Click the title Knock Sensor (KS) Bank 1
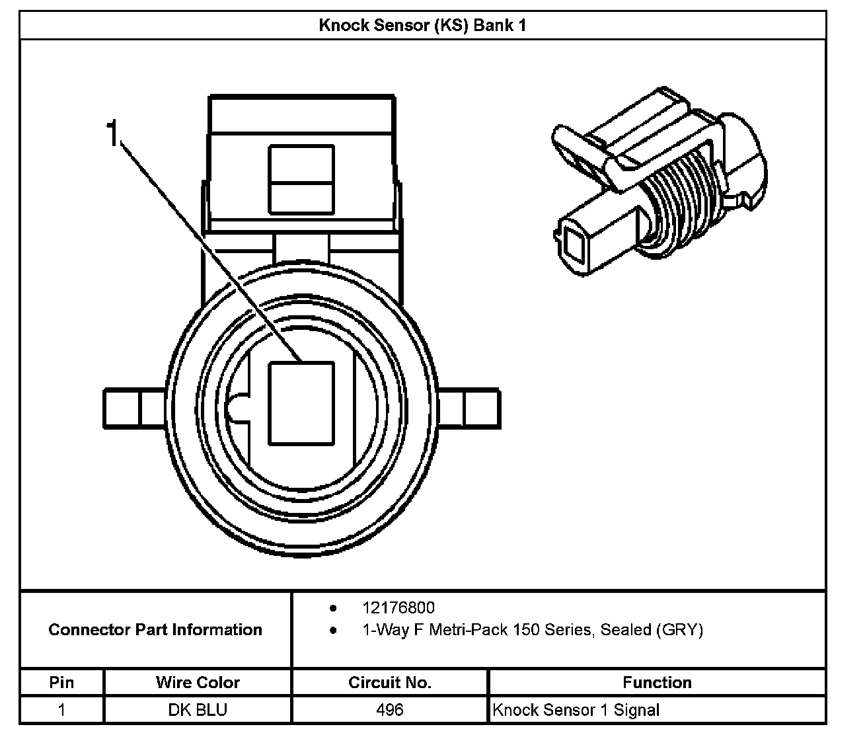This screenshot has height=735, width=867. [x=422, y=26]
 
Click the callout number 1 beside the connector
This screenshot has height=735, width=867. [x=113, y=134]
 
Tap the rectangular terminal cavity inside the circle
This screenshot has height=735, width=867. [x=301, y=403]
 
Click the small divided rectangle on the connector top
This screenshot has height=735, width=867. [x=301, y=180]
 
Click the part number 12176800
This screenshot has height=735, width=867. [x=398, y=607]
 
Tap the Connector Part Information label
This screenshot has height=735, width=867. [x=155, y=629]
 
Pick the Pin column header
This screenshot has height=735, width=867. [x=61, y=682]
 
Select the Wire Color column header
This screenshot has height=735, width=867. [x=198, y=682]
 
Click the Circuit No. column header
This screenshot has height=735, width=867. [x=389, y=682]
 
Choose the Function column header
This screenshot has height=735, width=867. [x=657, y=682]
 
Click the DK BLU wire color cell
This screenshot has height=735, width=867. [x=198, y=710]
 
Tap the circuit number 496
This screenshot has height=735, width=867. [x=389, y=710]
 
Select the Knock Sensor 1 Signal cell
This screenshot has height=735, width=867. [x=576, y=710]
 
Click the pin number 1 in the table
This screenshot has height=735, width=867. [x=61, y=710]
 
